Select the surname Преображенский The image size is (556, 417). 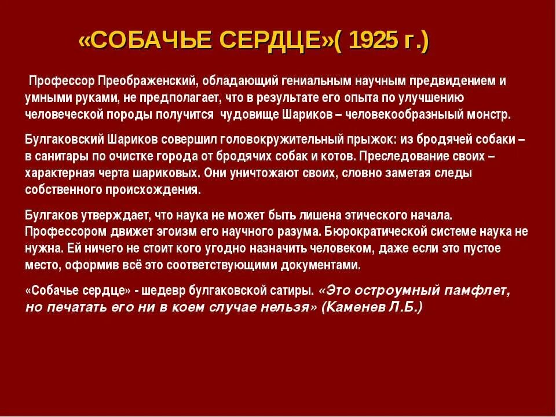click(x=148, y=81)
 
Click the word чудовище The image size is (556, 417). click(x=246, y=114)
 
